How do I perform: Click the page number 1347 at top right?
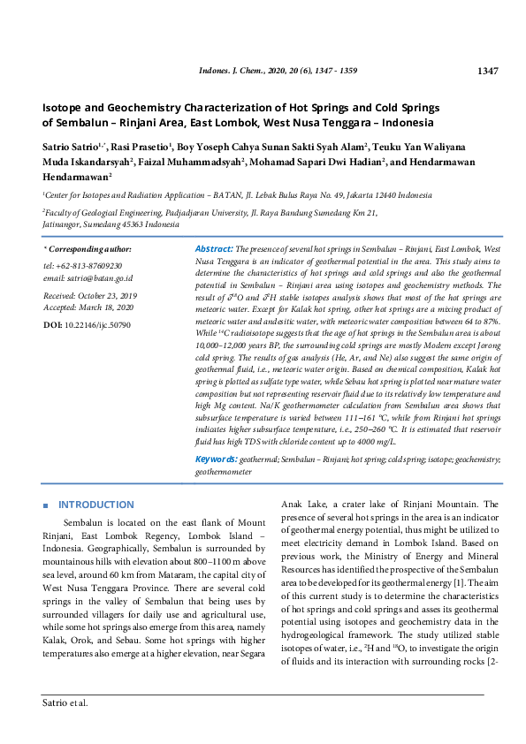pyautogui.click(x=488, y=71)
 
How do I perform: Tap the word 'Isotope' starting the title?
pyautogui.click(x=65, y=107)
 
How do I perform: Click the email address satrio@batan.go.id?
pyautogui.click(x=99, y=277)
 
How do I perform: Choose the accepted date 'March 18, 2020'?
pyautogui.click(x=104, y=307)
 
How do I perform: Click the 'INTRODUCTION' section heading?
pyautogui.click(x=96, y=505)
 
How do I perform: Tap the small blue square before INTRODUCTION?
pyautogui.click(x=46, y=505)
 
